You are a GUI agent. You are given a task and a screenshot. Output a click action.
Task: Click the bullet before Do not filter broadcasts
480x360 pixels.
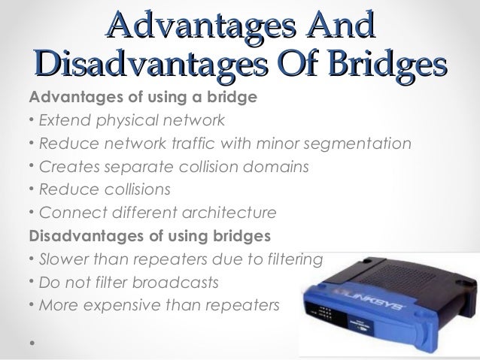(31, 283)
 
